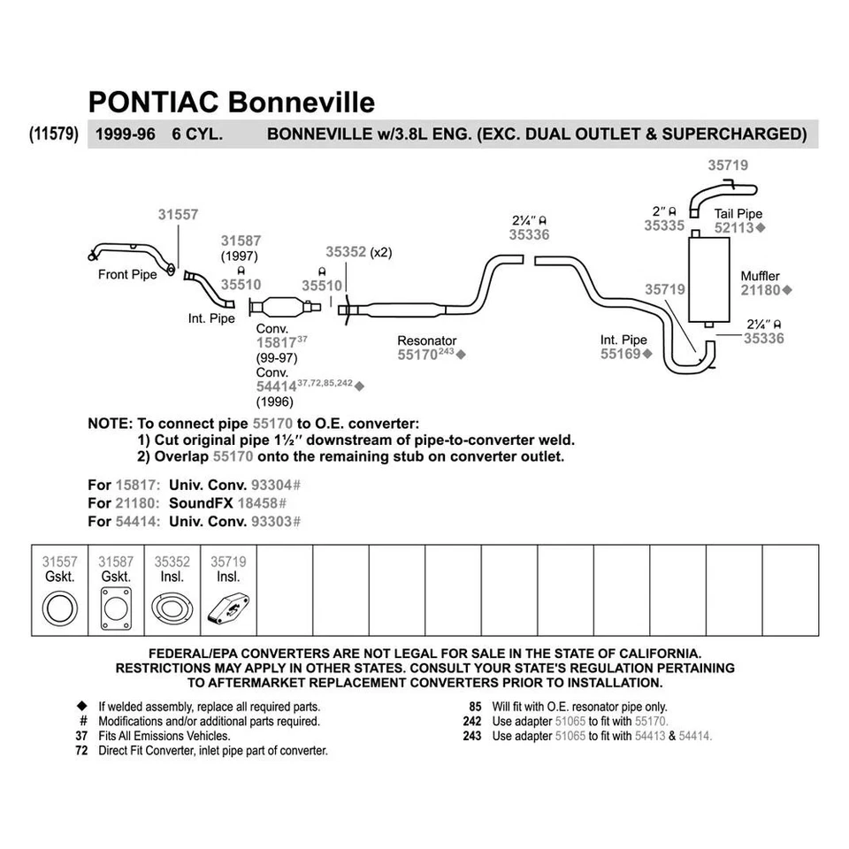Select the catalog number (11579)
click(x=55, y=134)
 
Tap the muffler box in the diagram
click(x=710, y=280)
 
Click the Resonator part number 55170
click(x=417, y=354)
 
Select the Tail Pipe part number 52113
click(x=733, y=227)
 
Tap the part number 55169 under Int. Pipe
click(x=620, y=353)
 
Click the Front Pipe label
click(x=127, y=274)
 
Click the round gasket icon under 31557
click(x=60, y=609)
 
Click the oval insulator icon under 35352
click(x=172, y=609)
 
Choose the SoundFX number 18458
click(x=271, y=502)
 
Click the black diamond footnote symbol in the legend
click(x=81, y=707)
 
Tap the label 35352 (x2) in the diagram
click(x=358, y=252)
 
